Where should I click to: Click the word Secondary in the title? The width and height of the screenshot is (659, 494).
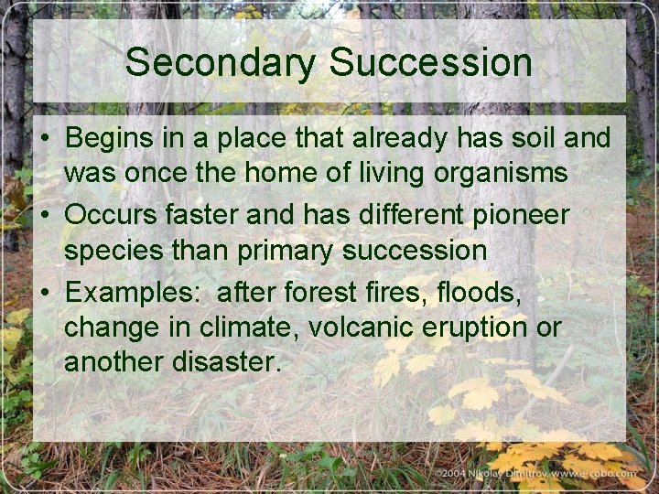221,63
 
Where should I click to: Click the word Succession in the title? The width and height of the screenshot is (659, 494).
430,63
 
